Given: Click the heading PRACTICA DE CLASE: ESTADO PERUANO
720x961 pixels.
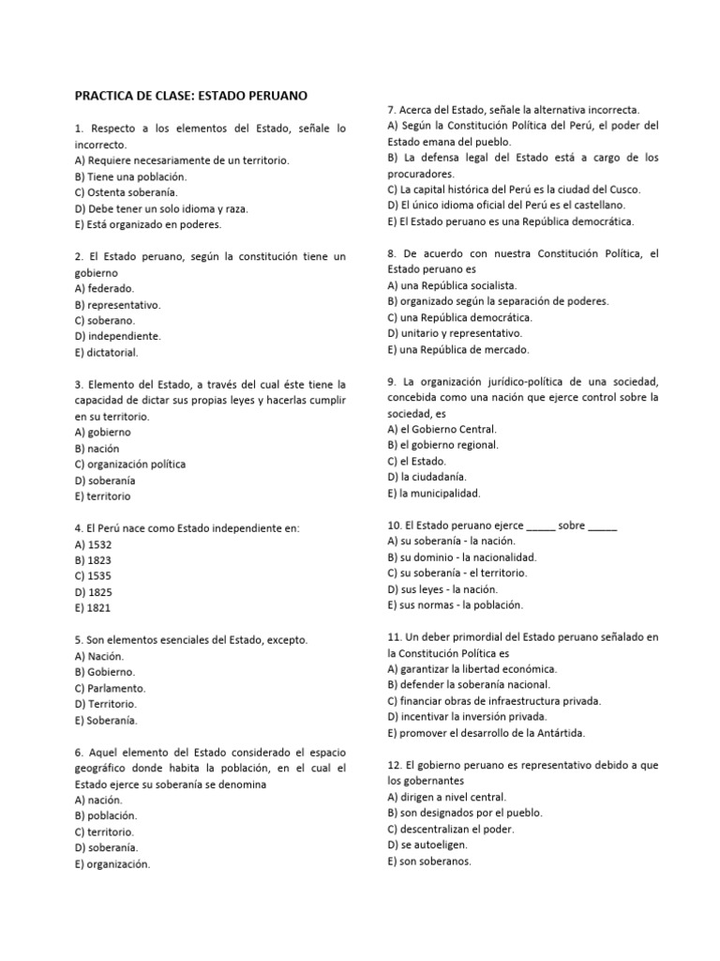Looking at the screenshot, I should (x=191, y=96).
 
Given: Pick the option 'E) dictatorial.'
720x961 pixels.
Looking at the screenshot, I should (x=107, y=352).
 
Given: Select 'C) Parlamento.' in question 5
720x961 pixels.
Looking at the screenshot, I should (x=110, y=688).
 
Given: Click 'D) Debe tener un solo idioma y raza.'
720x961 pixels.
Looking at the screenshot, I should (x=161, y=208).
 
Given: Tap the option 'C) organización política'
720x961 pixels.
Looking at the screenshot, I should (x=129, y=464).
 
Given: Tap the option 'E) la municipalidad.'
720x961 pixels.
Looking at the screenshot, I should (x=433, y=493).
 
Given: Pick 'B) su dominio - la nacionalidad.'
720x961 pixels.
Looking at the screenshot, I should (x=461, y=557).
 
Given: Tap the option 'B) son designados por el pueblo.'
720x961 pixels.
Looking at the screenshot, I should (x=464, y=813).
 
